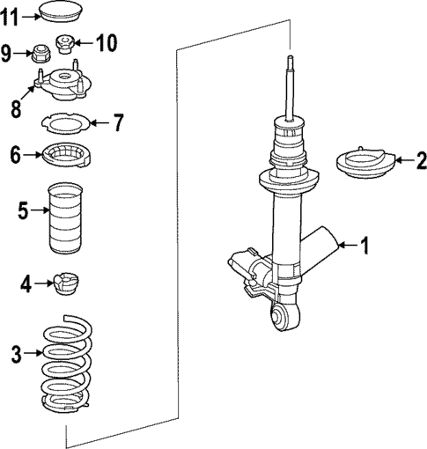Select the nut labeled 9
[x=40, y=54]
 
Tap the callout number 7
[x=118, y=121]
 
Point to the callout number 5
[x=23, y=210]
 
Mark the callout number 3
[x=15, y=355]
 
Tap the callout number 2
[x=421, y=160]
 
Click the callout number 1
[x=364, y=246]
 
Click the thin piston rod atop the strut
[x=290, y=88]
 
